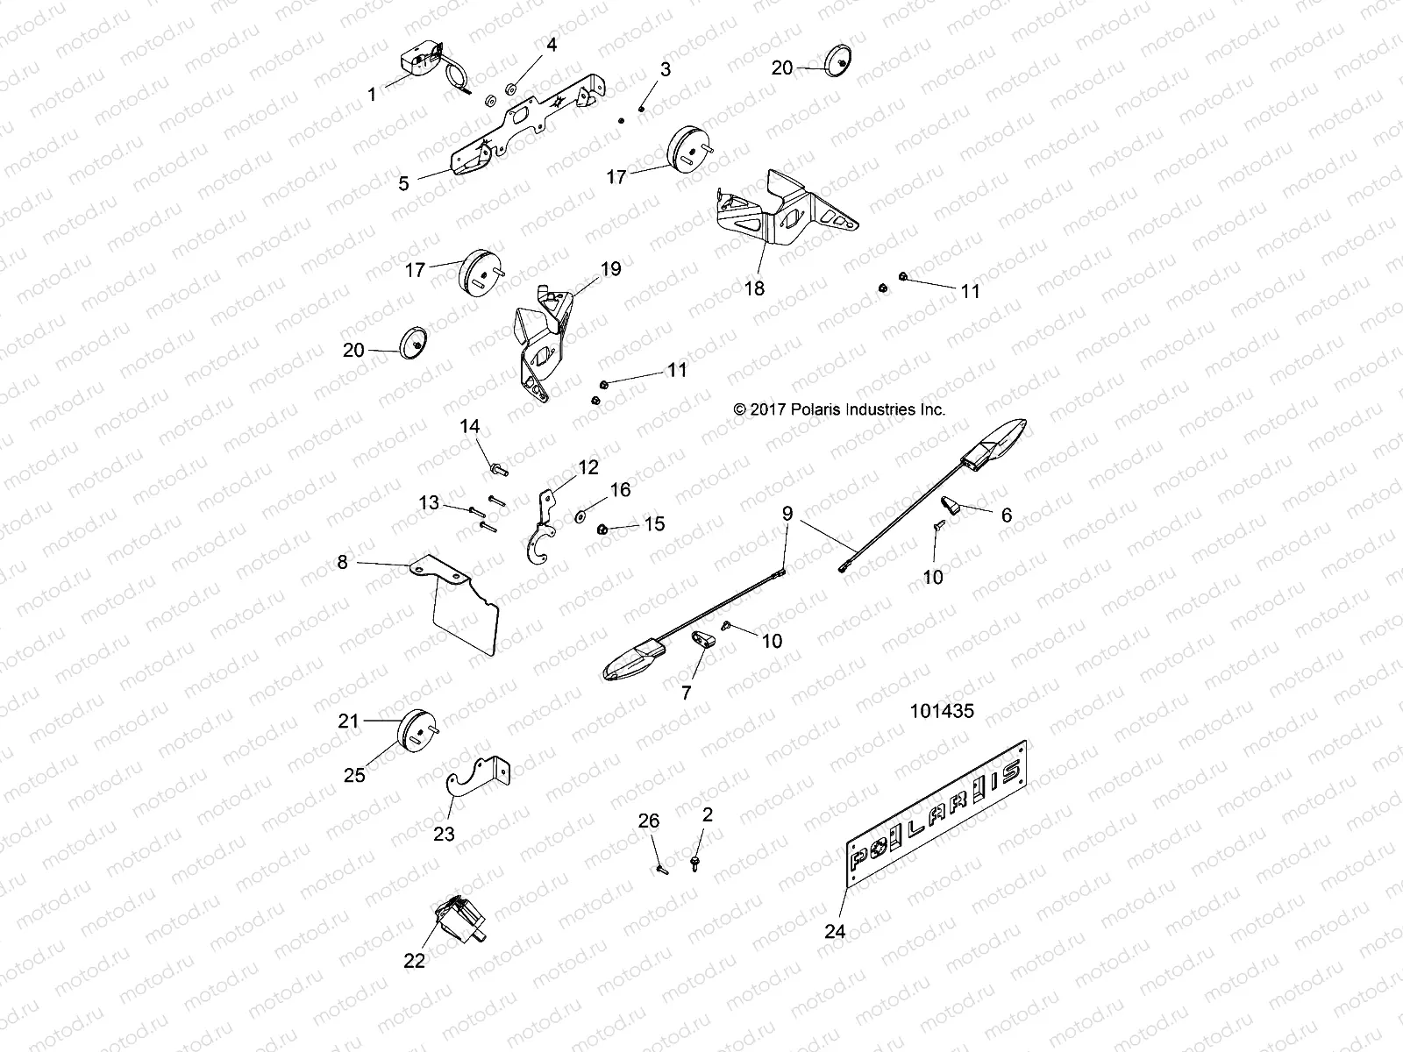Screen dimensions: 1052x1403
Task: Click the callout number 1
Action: click(x=372, y=94)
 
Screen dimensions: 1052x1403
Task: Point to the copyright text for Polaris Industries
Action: click(x=839, y=409)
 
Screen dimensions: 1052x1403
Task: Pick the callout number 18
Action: click(x=754, y=288)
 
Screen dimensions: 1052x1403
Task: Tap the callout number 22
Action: click(x=414, y=961)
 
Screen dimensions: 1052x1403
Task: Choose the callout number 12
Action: click(x=588, y=466)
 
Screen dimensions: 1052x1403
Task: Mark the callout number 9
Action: click(x=787, y=513)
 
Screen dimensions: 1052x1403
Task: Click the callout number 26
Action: click(x=648, y=821)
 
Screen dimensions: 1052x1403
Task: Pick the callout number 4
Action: click(x=551, y=44)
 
